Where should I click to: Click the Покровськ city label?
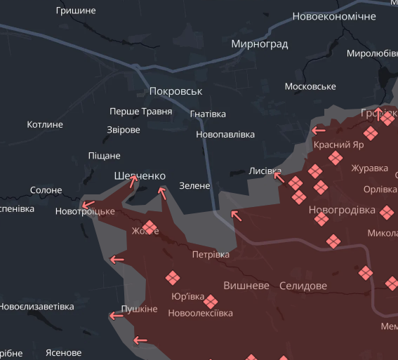(175, 91)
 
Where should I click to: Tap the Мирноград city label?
(259, 44)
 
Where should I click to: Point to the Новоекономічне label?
(334, 15)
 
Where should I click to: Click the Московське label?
(310, 86)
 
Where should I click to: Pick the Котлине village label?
(45, 124)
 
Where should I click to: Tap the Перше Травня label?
(140, 112)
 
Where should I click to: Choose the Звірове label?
(123, 130)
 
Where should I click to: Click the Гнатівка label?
(208, 114)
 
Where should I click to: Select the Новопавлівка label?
(225, 134)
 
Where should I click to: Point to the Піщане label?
(104, 155)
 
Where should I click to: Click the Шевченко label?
(140, 175)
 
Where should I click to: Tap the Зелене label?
(194, 185)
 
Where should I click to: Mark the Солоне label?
(46, 190)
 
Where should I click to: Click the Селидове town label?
(303, 286)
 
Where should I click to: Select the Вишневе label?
(246, 286)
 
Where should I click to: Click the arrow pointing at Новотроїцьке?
(88, 206)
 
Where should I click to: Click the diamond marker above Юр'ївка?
(172, 278)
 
